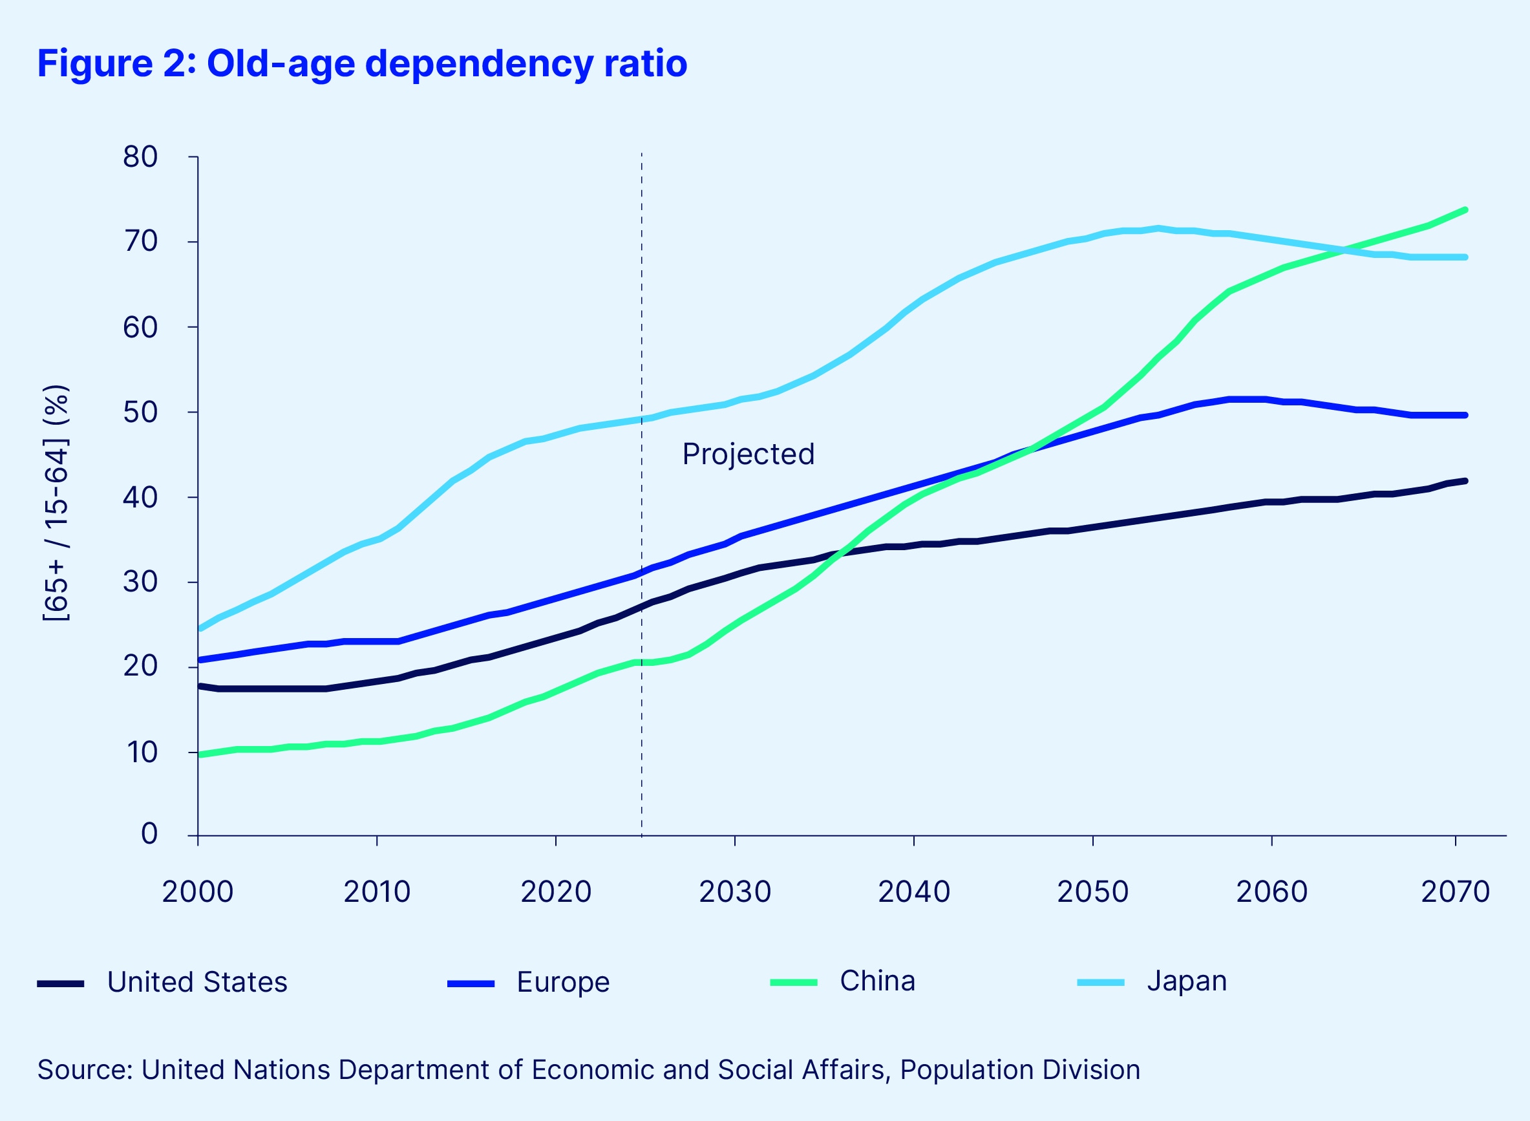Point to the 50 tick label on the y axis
pyautogui.click(x=140, y=412)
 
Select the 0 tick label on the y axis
pyautogui.click(x=149, y=834)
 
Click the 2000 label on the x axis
pyautogui.click(x=197, y=891)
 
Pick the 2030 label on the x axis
pyautogui.click(x=735, y=891)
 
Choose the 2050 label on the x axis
pyautogui.click(x=1092, y=891)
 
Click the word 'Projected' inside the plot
pyautogui.click(x=748, y=454)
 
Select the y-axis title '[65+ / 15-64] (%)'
pyautogui.click(x=56, y=503)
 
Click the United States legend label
pyautogui.click(x=197, y=982)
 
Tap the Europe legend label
pyautogui.click(x=562, y=982)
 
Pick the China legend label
pyautogui.click(x=877, y=981)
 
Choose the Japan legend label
pyautogui.click(x=1186, y=981)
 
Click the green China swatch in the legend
pyautogui.click(x=793, y=983)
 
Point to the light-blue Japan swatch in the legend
pyautogui.click(x=1101, y=983)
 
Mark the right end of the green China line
pyautogui.click(x=1465, y=209)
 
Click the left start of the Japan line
pyautogui.click(x=200, y=629)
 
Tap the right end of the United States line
pyautogui.click(x=1465, y=481)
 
